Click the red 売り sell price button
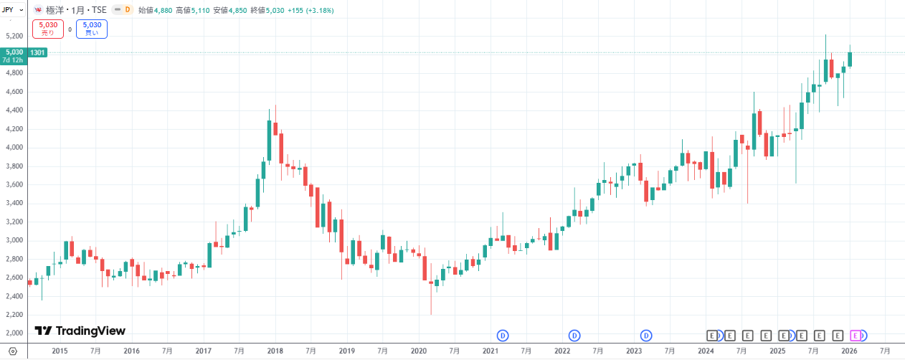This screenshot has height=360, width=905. [48, 29]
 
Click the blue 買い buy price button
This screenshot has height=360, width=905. [92, 29]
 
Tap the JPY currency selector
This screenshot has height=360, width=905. [11, 9]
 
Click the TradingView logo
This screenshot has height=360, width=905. [81, 331]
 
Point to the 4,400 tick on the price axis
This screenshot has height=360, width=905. [14, 110]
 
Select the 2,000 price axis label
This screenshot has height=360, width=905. [14, 333]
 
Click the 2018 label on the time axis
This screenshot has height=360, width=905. [275, 351]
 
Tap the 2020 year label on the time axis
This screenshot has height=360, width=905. [419, 351]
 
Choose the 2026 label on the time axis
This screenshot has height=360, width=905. [849, 351]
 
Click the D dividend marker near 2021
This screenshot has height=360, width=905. [503, 335]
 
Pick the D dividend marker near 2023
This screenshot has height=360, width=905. [646, 335]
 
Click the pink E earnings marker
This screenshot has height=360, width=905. [855, 335]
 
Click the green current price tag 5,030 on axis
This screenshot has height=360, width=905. [14, 52]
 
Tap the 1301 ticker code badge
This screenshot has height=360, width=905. [38, 52]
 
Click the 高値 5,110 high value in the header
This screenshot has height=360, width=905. [190, 10]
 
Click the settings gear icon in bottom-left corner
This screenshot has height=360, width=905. [11, 351]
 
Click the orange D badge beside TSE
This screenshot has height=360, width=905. [128, 10]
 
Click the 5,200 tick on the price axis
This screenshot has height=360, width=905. [14, 36]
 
